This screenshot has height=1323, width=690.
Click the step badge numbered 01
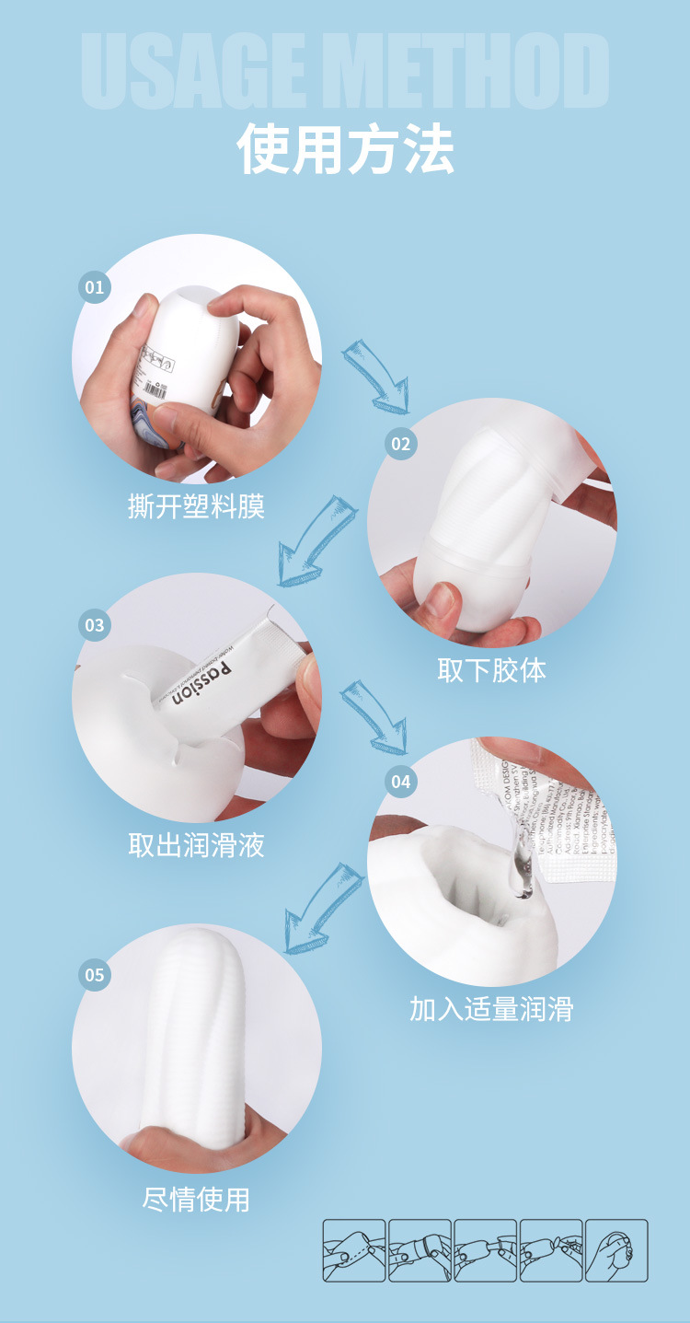coord(95,287)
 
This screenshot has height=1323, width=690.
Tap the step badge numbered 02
coord(400,444)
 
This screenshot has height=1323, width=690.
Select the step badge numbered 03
coord(95,625)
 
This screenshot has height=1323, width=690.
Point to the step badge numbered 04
coord(400,782)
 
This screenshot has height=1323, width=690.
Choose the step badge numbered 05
coord(95,974)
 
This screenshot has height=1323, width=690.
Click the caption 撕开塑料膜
coord(196,505)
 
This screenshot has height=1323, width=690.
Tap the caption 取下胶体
coord(491,669)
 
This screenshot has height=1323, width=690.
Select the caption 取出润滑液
coord(196,844)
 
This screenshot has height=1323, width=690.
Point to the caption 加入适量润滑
coord(491,1009)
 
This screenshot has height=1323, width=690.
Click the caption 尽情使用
coord(196,1199)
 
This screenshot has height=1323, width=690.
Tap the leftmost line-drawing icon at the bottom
coord(354,1250)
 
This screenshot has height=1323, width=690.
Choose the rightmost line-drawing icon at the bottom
coord(616,1250)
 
